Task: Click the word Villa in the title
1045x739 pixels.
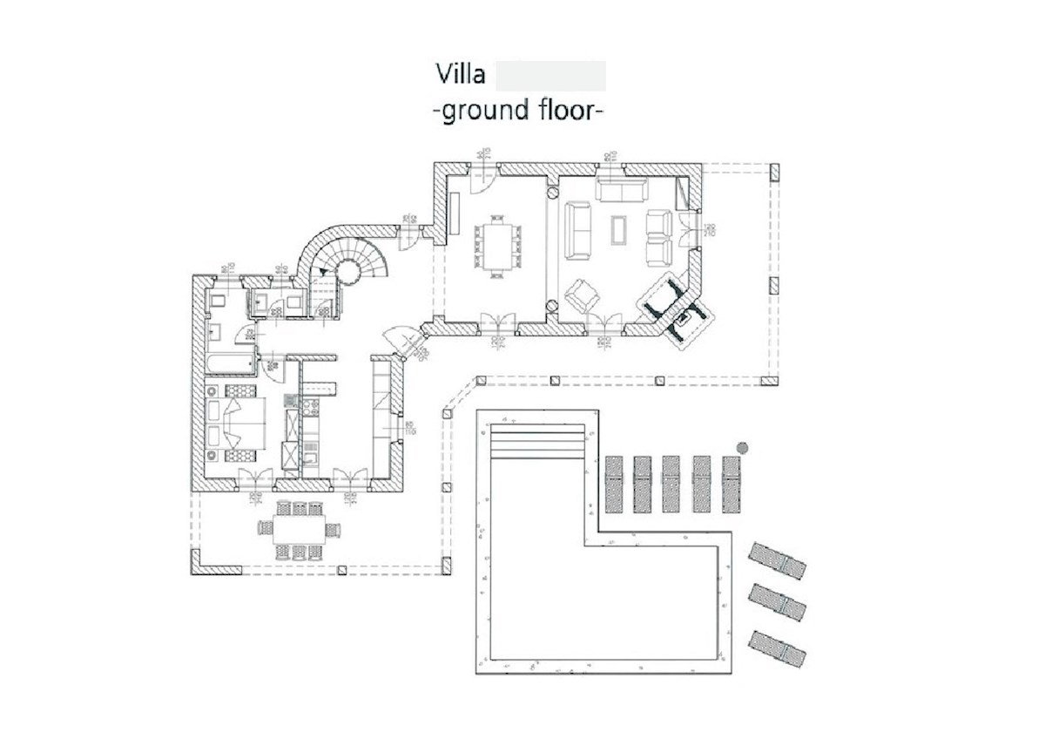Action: (x=461, y=75)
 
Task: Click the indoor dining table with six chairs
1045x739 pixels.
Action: (x=497, y=246)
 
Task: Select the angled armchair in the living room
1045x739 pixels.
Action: (x=583, y=295)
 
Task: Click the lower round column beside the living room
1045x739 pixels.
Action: (x=551, y=304)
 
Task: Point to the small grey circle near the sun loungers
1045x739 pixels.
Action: (x=742, y=447)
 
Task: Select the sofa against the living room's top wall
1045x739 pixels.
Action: (x=620, y=188)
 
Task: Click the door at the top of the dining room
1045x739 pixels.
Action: (x=482, y=179)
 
